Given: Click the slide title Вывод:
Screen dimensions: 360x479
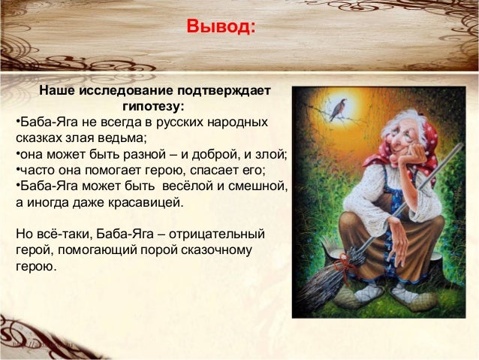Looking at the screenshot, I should click(221, 28).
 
